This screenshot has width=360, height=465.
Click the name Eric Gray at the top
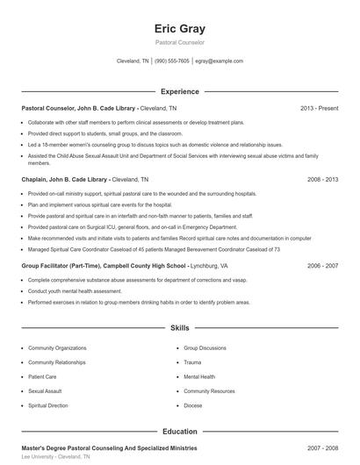click(179, 29)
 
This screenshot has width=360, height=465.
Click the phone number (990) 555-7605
click(172, 61)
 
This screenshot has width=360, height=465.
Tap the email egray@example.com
click(219, 61)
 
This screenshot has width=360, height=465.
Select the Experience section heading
click(179, 91)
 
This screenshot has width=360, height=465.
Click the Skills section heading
click(179, 328)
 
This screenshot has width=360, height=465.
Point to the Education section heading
click(179, 432)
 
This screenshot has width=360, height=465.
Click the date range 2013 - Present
click(319, 108)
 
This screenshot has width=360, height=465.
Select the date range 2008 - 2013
click(322, 179)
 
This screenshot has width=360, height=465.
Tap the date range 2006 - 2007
click(322, 264)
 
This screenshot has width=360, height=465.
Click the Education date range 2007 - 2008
click(322, 447)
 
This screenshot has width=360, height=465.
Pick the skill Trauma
click(192, 361)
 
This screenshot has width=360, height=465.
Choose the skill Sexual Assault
click(45, 391)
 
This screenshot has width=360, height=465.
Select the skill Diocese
click(193, 406)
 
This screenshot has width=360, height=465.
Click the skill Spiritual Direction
click(48, 406)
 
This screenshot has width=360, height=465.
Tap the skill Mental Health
click(199, 376)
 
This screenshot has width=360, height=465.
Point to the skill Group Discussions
click(205, 347)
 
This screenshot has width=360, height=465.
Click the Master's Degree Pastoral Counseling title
click(109, 447)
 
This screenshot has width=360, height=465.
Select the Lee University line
click(55, 457)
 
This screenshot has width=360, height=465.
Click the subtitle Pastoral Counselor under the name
click(179, 42)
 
